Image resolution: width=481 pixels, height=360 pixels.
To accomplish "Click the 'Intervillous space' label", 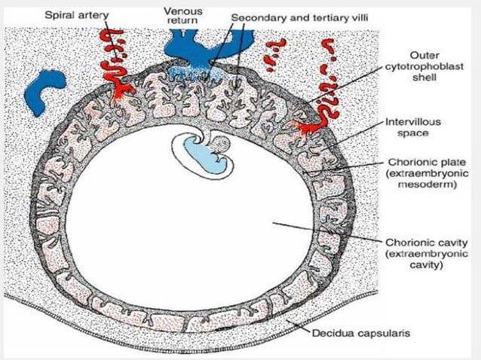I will point(412,127).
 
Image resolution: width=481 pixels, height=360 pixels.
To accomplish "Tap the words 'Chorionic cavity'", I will point(423,243).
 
